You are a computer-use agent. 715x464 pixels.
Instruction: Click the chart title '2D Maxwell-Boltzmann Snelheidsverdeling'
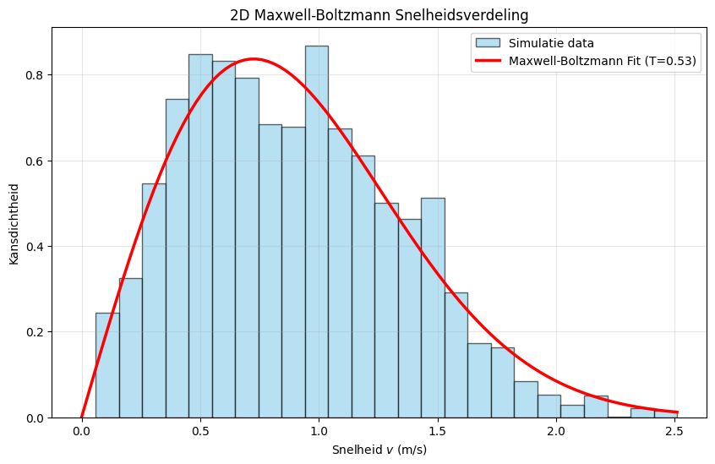(x=379, y=14)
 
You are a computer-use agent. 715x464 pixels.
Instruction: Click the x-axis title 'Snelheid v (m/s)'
(x=379, y=449)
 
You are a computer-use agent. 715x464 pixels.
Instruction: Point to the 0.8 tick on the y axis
(x=36, y=75)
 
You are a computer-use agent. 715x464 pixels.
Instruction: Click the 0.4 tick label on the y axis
(x=36, y=247)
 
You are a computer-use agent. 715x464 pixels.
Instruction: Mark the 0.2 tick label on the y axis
(x=36, y=332)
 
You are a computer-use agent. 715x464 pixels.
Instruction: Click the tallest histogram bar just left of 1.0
(x=316, y=232)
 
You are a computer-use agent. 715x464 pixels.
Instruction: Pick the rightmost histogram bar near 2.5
(x=665, y=414)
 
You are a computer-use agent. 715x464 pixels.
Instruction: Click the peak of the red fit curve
(x=254, y=59)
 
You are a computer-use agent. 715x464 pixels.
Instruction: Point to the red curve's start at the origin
(x=82, y=417)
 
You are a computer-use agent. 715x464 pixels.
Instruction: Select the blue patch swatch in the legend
(x=488, y=42)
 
